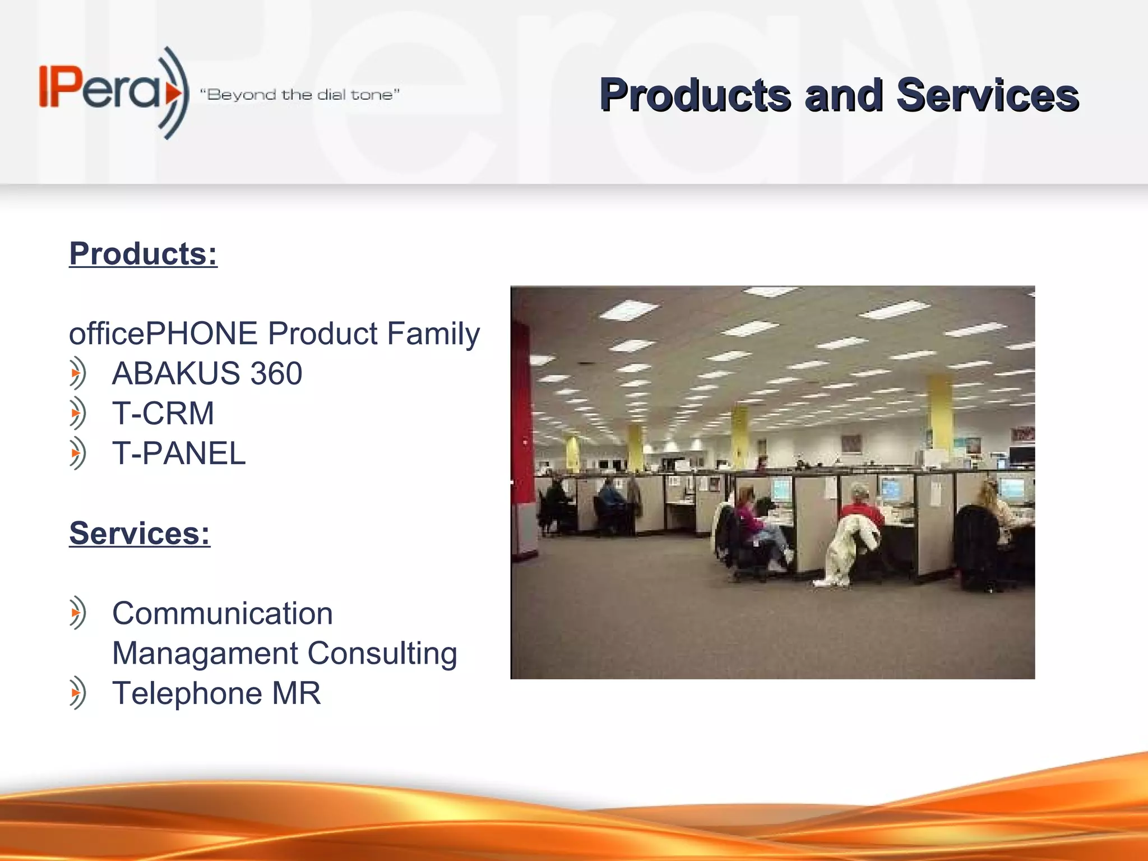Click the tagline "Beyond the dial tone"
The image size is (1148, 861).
pyautogui.click(x=300, y=95)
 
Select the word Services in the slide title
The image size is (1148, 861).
pyautogui.click(x=987, y=95)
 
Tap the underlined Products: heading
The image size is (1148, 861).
pyautogui.click(x=143, y=254)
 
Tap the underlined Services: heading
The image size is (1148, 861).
pyautogui.click(x=140, y=533)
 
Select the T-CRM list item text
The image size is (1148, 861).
pyautogui.click(x=163, y=414)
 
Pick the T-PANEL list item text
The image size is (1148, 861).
pyautogui.click(x=179, y=453)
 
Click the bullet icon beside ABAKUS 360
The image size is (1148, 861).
pyautogui.click(x=77, y=373)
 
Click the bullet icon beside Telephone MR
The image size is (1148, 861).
pyautogui.click(x=77, y=693)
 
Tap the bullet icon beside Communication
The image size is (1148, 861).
pyautogui.click(x=77, y=613)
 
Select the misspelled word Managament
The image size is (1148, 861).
pyautogui.click(x=205, y=654)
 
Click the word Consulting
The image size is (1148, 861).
pyautogui.click(x=382, y=654)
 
